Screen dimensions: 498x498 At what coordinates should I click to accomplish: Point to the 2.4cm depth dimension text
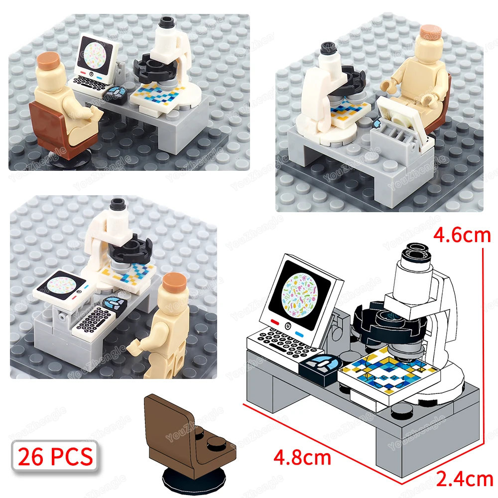pyautogui.click(x=464, y=479)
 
